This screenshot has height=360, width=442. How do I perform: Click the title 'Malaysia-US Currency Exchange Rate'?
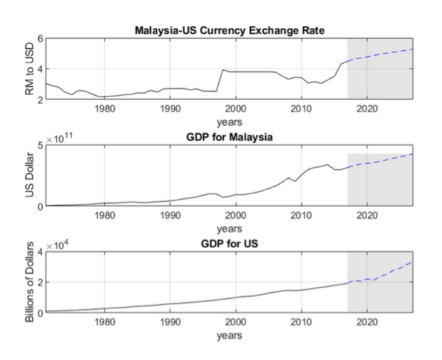[229, 31]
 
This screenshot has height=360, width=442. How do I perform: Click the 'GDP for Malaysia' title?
[229, 137]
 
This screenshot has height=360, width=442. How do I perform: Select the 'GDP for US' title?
[229, 243]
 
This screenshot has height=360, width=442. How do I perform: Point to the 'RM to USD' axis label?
[29, 69]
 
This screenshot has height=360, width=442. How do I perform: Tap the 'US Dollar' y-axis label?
[29, 175]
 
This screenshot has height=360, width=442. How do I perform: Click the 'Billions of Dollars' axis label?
[29, 282]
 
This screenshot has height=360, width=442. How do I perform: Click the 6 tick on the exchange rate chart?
[40, 39]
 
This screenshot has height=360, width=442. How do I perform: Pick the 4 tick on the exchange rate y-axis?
[40, 69]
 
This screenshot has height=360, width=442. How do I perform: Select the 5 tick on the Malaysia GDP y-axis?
[40, 145]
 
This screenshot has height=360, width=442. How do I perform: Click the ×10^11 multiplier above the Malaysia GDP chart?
[59, 138]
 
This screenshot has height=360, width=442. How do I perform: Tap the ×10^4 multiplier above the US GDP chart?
[57, 245]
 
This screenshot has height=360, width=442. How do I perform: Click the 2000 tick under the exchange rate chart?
[236, 109]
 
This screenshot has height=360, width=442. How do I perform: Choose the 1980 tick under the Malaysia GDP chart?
[105, 215]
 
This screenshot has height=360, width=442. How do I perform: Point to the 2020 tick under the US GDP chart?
[367, 322]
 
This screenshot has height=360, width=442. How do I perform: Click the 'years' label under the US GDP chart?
[229, 336]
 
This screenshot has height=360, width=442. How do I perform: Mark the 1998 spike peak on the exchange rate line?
[223, 69]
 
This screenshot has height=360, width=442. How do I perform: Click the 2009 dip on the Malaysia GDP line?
[295, 181]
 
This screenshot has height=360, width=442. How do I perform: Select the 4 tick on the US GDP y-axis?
[40, 251]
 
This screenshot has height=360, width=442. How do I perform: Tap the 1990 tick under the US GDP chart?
[170, 322]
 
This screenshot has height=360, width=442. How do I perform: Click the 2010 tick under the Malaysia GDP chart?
[302, 215]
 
